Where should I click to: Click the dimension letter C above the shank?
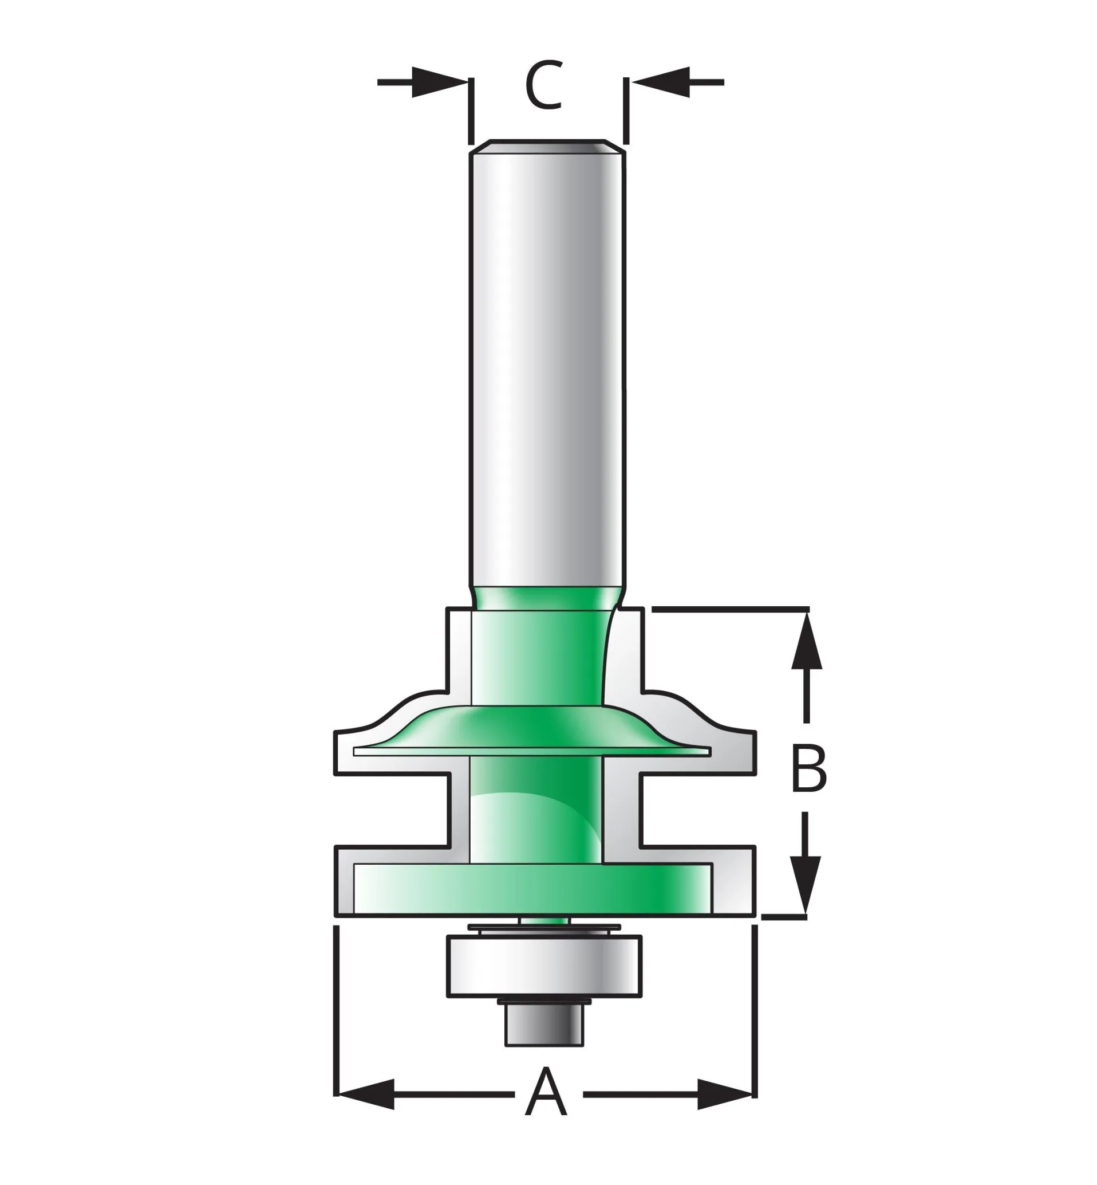pyautogui.click(x=544, y=84)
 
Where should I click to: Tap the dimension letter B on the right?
pyautogui.click(x=808, y=770)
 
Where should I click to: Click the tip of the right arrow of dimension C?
pyautogui.click(x=630, y=82)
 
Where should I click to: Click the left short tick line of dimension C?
pyautogui.click(x=471, y=111)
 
